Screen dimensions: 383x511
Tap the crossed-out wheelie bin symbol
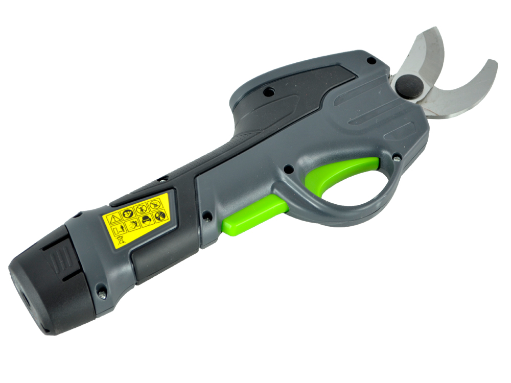point(120,240)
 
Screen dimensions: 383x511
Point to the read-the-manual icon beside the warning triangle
point(128,213)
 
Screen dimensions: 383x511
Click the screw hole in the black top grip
point(266,92)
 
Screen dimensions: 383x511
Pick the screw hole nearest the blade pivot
point(372,61)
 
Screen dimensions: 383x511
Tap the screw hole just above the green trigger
point(288,168)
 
